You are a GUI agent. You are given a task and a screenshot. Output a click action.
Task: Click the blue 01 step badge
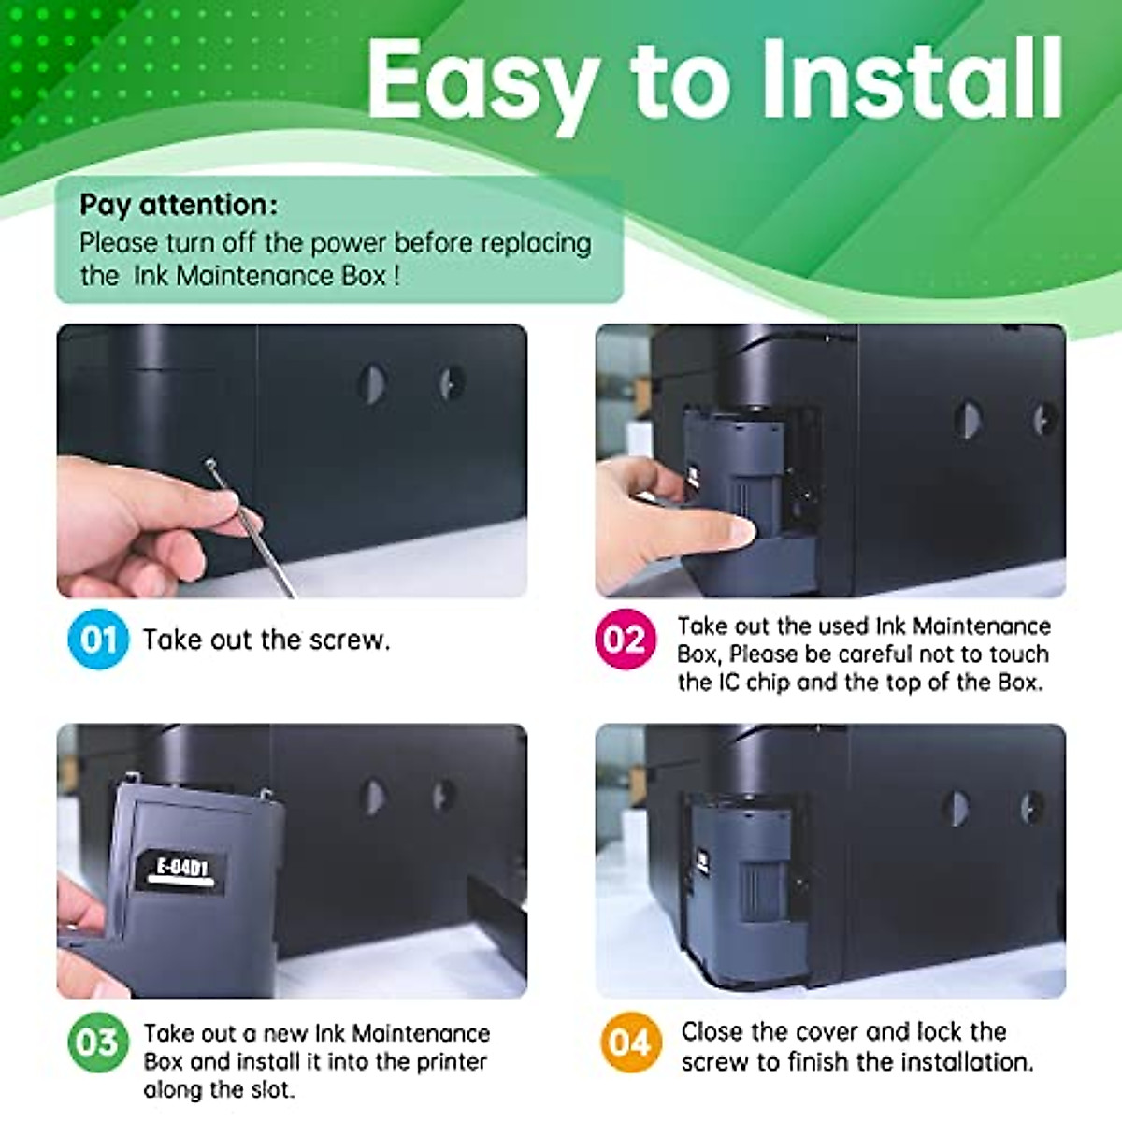tap(98, 640)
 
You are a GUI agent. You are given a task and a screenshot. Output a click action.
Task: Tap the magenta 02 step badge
tap(625, 640)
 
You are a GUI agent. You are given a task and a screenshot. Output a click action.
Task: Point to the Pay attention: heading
tap(178, 205)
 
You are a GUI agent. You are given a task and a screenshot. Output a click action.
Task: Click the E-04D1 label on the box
tap(181, 868)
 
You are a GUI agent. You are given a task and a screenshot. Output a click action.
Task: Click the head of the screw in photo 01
tap(211, 464)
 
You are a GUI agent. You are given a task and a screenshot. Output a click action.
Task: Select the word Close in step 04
tap(712, 1032)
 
